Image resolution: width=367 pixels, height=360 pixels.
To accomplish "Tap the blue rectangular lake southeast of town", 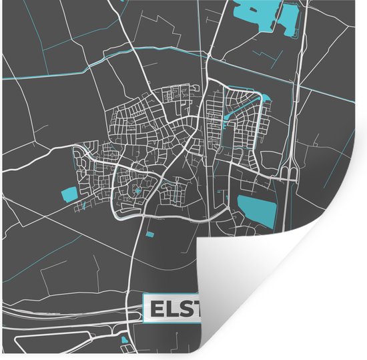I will point(257,210).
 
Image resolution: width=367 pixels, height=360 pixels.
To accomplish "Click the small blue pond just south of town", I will point(149,234).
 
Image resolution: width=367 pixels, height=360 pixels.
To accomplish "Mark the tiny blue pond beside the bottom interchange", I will point(124,340).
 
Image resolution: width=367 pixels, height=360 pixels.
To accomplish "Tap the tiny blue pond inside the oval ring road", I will point(137,191).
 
